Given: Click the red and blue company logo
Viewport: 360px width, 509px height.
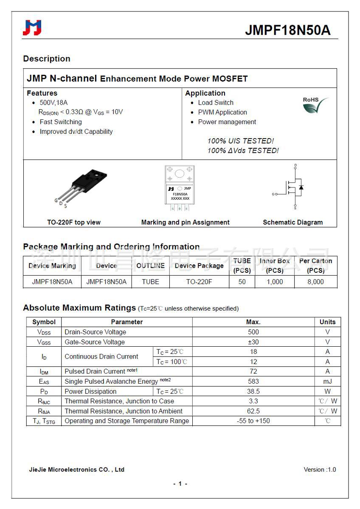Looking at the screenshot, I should click(32, 28).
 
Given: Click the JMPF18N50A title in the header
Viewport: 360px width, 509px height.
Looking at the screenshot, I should click(287, 31).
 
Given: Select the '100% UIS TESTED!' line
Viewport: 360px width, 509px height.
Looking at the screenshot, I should click(240, 141).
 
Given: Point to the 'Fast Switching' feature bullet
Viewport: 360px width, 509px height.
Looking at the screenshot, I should click(61, 122).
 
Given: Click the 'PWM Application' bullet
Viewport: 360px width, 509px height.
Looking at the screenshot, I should click(222, 112).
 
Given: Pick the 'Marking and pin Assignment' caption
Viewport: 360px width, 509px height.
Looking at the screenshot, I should click(185, 222).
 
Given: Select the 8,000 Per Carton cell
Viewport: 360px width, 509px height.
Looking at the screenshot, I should click(315, 282).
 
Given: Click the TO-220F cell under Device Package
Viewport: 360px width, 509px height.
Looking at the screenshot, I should click(199, 282).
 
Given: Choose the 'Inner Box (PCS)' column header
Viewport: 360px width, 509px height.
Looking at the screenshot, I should click(274, 266).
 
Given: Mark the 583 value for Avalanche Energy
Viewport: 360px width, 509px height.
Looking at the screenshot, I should click(253, 382).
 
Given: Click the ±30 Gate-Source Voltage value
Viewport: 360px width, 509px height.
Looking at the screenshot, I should click(253, 342).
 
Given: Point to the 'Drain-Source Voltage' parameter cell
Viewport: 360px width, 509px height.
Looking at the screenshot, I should click(96, 332).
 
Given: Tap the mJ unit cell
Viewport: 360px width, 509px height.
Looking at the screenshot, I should click(327, 382).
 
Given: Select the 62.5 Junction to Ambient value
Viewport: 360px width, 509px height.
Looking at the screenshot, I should click(253, 411).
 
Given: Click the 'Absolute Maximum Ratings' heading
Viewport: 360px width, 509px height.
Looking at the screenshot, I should click(79, 308).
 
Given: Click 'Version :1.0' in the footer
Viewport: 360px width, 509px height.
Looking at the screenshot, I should click(320, 469).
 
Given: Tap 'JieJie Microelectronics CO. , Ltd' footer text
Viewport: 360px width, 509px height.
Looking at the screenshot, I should click(76, 469).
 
